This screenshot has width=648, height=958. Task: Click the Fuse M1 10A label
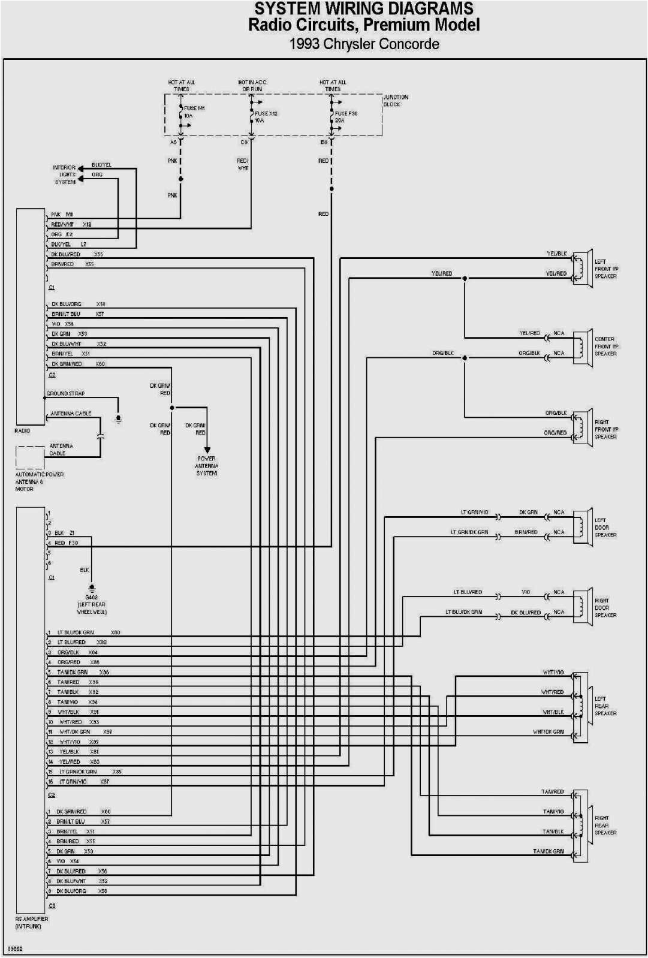point(194,112)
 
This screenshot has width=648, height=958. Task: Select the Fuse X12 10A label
point(265,117)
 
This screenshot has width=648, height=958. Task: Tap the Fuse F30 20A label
point(345,117)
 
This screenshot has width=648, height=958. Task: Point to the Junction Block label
point(396,101)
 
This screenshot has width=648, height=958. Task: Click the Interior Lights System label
point(65,174)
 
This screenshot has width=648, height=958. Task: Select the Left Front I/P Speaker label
point(605,269)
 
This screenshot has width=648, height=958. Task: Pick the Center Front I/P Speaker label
point(605,347)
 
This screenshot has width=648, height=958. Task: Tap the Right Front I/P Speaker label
point(605,429)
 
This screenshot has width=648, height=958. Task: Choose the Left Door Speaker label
point(605,528)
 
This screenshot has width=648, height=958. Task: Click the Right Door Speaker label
point(605,608)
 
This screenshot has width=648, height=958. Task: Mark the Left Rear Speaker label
point(605,706)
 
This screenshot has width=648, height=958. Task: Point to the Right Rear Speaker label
point(605,826)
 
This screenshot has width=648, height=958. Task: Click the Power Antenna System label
point(206,466)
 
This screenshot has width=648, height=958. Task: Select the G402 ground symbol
point(92,588)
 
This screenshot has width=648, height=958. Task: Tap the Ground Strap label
point(66,394)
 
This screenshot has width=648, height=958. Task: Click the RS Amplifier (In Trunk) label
point(31,923)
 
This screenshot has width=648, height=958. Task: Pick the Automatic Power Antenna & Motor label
point(38,481)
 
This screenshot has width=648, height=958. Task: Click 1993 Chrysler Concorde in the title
point(364,44)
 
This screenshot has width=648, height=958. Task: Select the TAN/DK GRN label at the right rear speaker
point(548,851)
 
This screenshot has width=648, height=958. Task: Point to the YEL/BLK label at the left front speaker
point(556,254)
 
